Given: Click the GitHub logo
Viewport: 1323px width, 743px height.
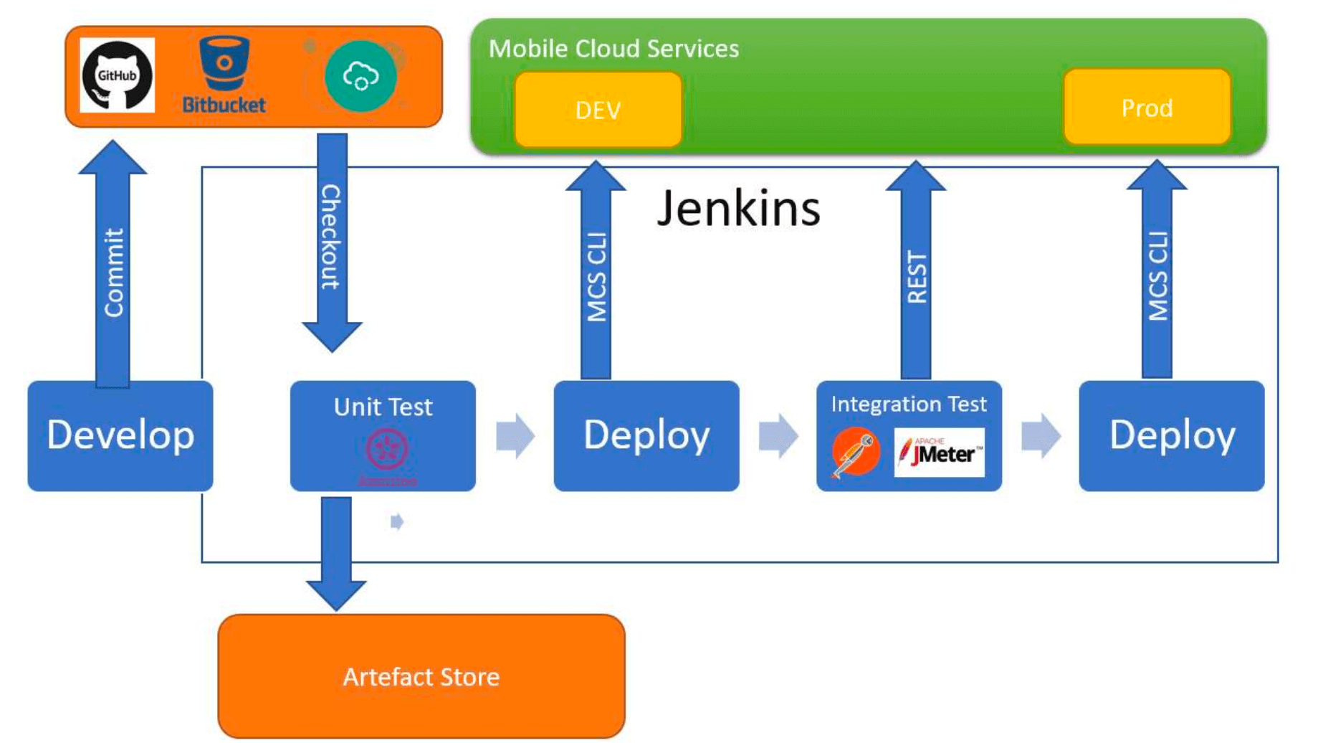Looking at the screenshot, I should [x=117, y=75].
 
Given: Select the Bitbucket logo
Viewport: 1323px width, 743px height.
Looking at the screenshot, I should [x=224, y=75].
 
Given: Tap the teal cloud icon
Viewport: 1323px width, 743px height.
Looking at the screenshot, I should [x=360, y=76].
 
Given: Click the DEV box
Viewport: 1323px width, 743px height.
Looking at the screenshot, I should [x=598, y=110].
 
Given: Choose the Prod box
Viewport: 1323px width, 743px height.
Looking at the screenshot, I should [x=1147, y=108].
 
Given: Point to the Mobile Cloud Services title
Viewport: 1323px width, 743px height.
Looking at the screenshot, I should [x=613, y=49].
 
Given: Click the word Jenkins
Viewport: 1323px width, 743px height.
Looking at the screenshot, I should [x=738, y=209].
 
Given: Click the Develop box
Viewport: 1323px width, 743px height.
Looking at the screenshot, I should [x=120, y=435].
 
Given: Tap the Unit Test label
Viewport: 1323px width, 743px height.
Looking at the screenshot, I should [x=383, y=407].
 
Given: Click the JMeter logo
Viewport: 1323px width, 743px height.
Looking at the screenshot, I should [x=940, y=453].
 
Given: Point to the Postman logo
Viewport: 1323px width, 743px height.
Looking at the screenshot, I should [x=855, y=452].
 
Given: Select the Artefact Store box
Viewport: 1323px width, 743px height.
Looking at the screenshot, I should [x=421, y=676].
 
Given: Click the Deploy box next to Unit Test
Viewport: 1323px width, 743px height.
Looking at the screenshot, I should [x=646, y=435].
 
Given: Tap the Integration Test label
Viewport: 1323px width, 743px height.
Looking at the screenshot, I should [x=909, y=404].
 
